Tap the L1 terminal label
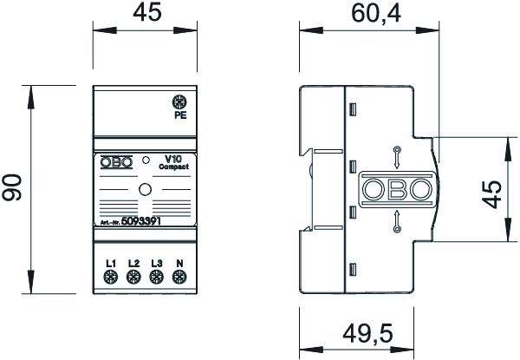111,263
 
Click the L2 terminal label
133,263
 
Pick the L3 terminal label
156,263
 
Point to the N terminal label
179,263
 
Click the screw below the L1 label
111,278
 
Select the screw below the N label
179,278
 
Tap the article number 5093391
140,222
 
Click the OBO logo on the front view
116,161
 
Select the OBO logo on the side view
396,189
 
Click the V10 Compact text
170,161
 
